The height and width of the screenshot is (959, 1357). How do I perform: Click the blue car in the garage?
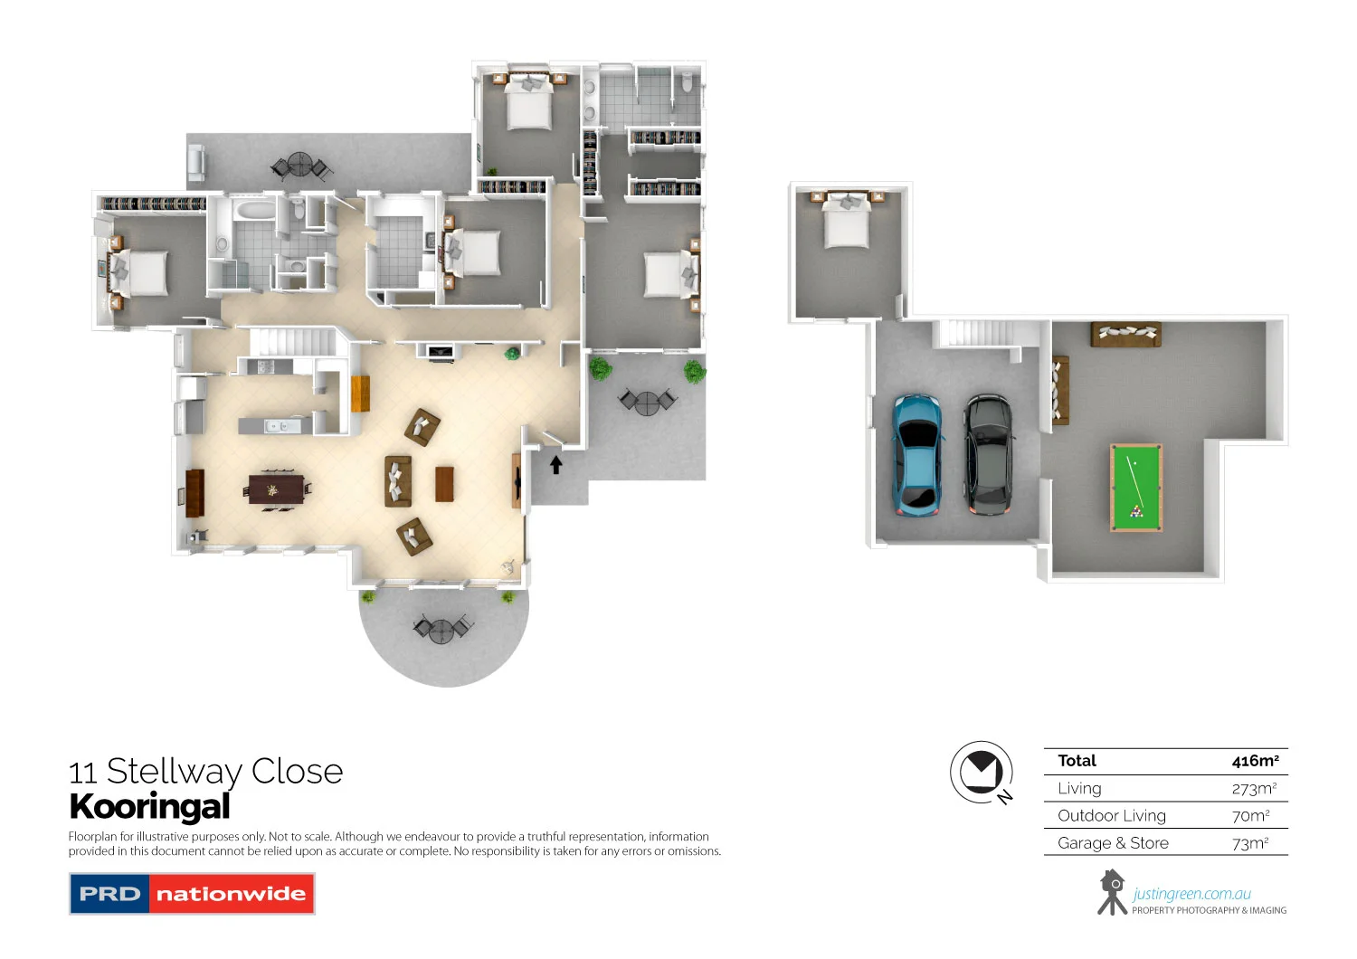point(917,454)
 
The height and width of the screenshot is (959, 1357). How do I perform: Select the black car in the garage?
point(987,454)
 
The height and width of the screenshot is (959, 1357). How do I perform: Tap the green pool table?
point(1135,488)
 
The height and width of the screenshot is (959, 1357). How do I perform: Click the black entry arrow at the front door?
point(556,465)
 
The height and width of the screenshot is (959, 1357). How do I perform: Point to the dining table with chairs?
point(276,489)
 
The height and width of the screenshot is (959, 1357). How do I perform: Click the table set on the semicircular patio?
point(441,629)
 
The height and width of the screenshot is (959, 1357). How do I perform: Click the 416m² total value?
point(1255,761)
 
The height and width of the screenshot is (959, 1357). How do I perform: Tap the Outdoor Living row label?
point(1112,816)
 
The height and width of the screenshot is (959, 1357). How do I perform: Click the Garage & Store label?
point(1113,843)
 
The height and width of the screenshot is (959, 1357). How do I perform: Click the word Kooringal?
point(149,806)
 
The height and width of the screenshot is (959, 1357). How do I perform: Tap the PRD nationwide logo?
point(192,894)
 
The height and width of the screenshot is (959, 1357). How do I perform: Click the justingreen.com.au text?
point(1191,894)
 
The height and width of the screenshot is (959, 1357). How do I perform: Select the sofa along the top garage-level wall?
point(1125,334)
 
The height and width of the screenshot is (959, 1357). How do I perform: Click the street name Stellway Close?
point(224,772)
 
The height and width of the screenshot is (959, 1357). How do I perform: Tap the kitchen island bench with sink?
point(276,425)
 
